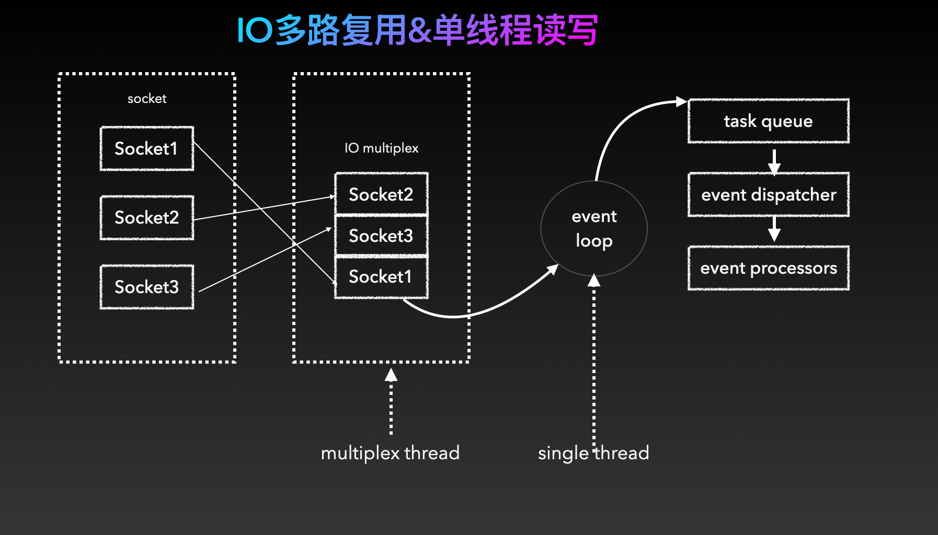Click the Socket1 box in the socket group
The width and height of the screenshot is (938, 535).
coord(146,148)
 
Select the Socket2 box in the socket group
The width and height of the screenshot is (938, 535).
coord(146,217)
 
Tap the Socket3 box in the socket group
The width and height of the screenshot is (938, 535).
coord(146,287)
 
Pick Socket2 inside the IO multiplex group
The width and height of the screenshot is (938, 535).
coord(381,194)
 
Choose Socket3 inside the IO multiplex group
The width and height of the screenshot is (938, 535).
coord(381,236)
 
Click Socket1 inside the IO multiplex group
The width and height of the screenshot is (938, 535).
coord(381,276)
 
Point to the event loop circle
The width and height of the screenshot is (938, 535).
coord(594,228)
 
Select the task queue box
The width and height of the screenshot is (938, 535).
coord(768,121)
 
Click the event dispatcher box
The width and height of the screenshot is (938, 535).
coord(768,195)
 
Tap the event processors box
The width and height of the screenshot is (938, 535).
coord(768,268)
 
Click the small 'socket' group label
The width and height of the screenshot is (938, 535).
coord(147,98)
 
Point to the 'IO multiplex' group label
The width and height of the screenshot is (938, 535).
coord(381,148)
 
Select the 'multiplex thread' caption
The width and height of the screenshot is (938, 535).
coord(390,452)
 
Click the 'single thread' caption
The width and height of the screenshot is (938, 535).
coord(593,452)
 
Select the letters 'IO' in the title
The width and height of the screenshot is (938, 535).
coord(255,30)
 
